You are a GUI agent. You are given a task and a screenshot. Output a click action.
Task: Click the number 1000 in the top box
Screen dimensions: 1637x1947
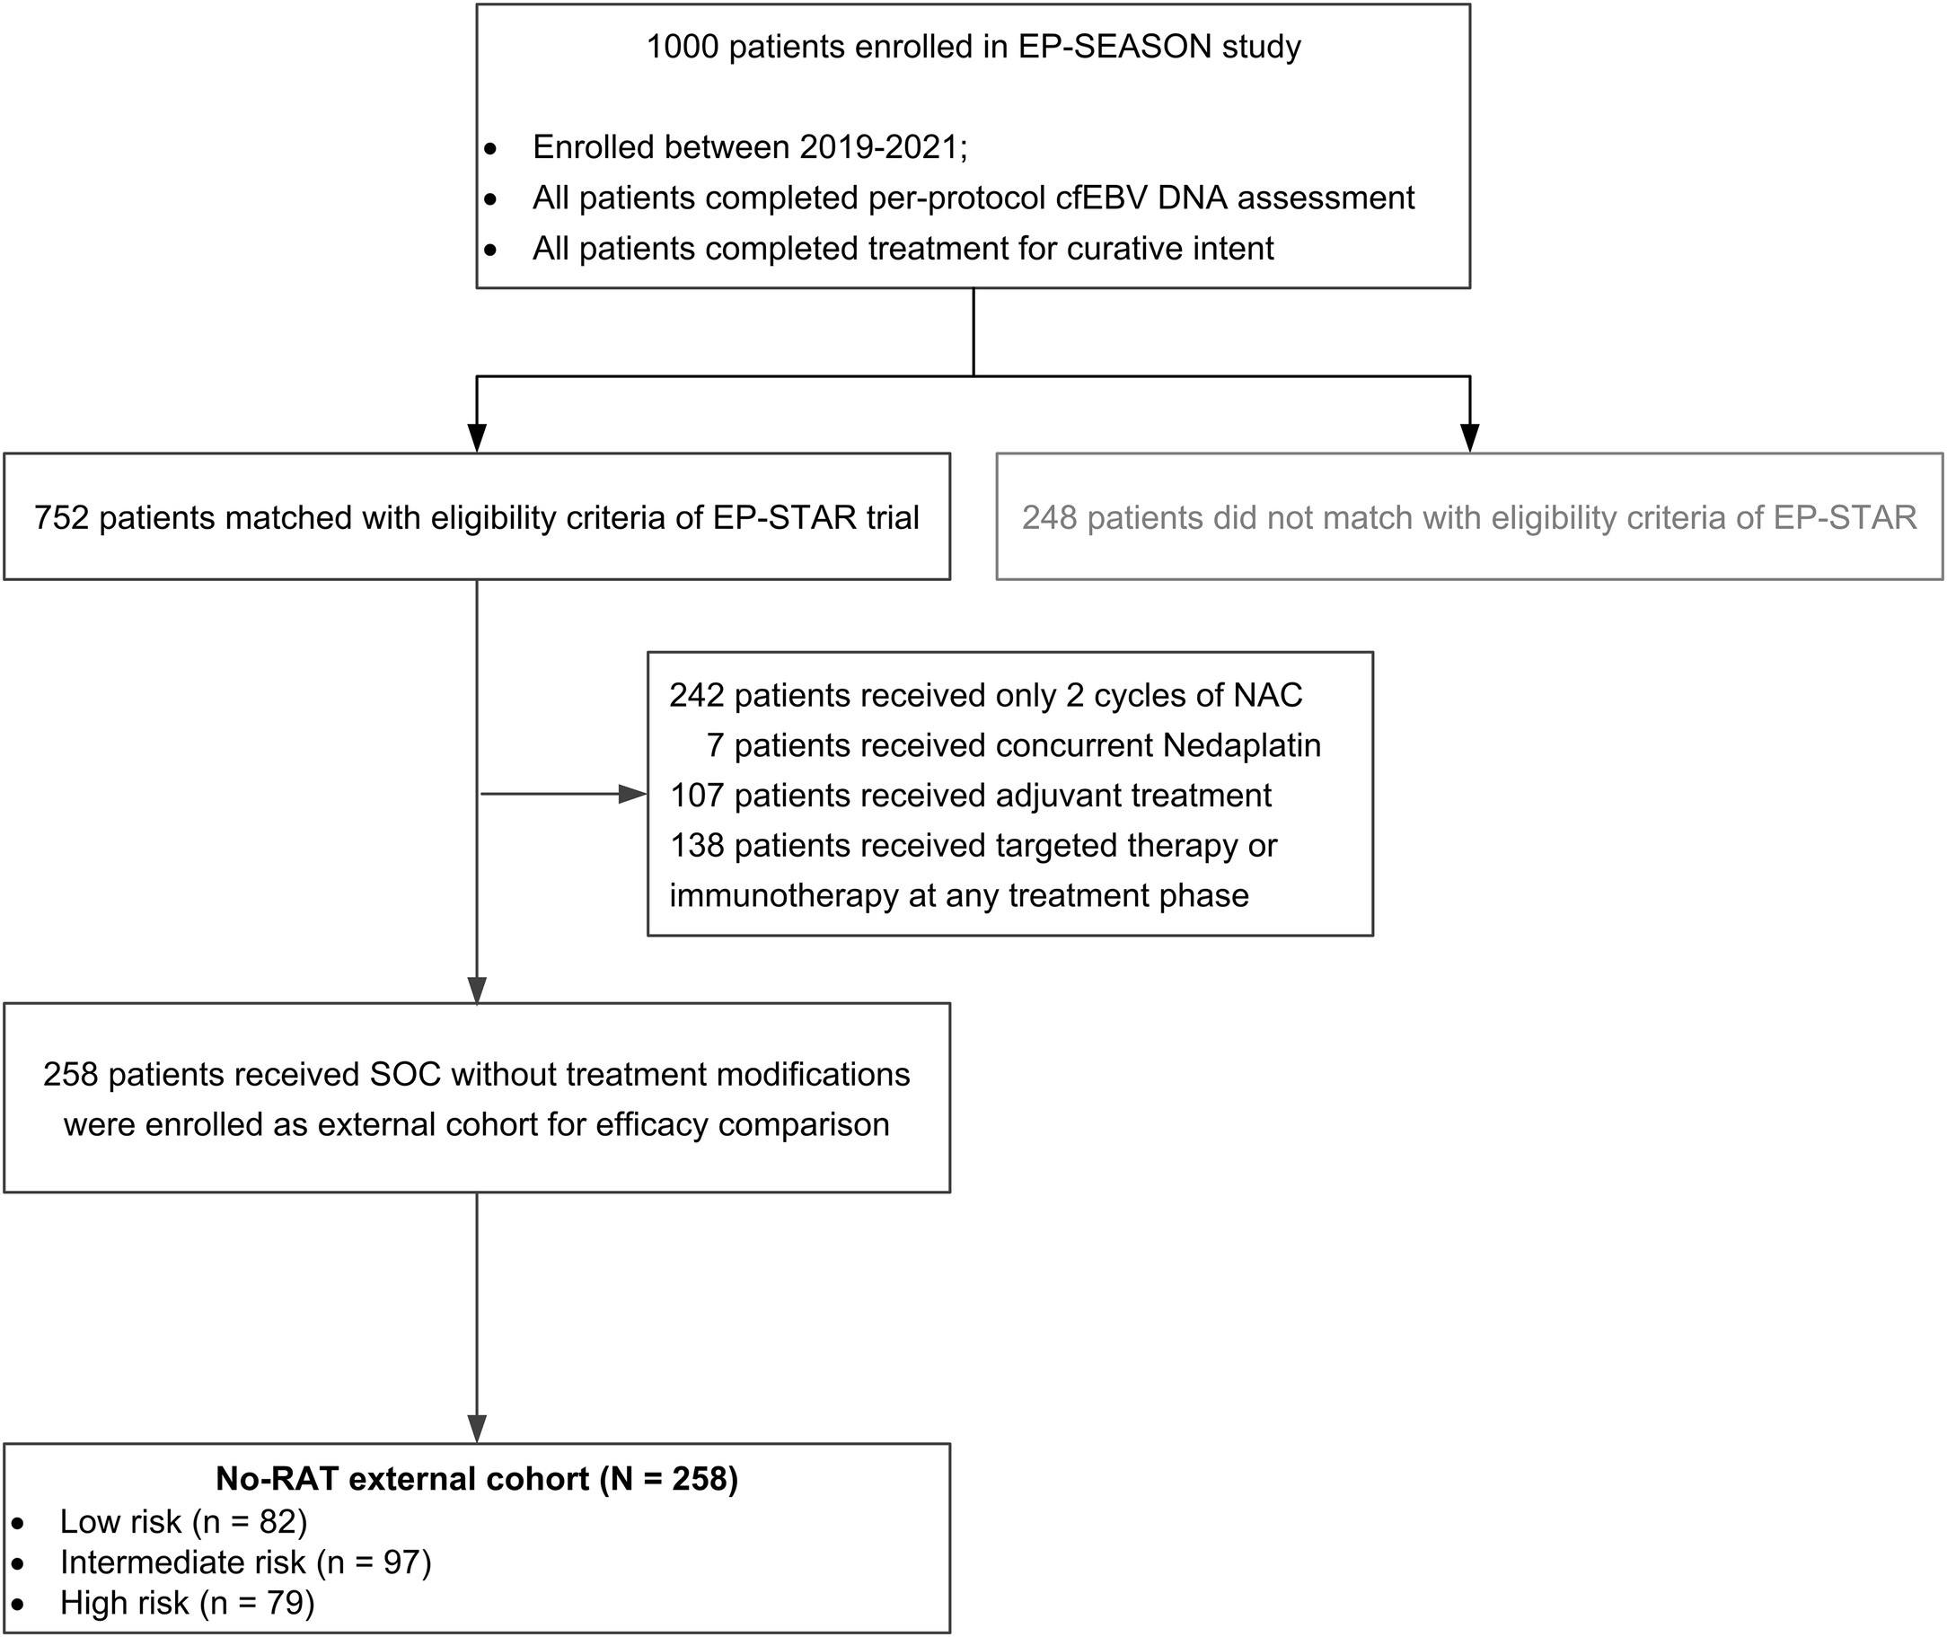[x=683, y=47]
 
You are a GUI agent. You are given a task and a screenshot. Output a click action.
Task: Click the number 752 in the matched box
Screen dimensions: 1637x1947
[x=61, y=517]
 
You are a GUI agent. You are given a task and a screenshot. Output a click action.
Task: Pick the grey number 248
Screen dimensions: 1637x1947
[x=1050, y=517]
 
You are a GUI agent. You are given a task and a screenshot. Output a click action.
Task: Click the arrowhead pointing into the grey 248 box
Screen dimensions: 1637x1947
[x=1469, y=437]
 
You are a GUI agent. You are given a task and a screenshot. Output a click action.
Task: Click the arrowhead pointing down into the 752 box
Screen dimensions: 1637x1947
[x=476, y=437]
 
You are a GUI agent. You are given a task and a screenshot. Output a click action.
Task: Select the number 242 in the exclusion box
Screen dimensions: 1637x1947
[x=696, y=695]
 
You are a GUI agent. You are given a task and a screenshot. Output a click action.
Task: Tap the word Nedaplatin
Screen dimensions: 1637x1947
[x=1241, y=745]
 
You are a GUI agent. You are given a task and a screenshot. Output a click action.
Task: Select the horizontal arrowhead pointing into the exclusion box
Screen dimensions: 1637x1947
[x=633, y=794]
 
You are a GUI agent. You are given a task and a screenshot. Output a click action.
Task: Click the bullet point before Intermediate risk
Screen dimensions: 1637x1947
[x=19, y=1562]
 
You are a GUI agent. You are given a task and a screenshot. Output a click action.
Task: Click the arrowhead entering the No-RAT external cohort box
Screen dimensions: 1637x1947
[x=476, y=1428]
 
